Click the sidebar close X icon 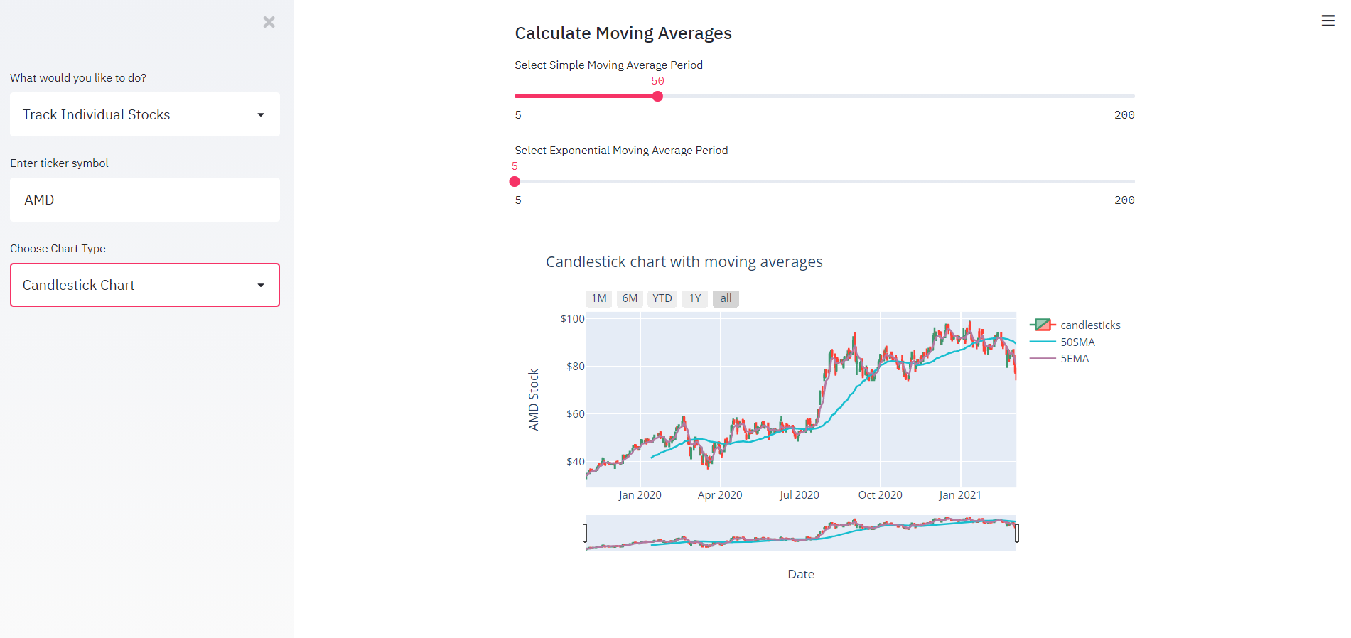pyautogui.click(x=269, y=22)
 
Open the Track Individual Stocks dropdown pyautogui.click(x=144, y=114)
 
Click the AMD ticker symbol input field pyautogui.click(x=144, y=200)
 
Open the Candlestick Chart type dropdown pyautogui.click(x=144, y=285)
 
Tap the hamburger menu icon pyautogui.click(x=1328, y=21)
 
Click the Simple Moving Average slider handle pyautogui.click(x=657, y=97)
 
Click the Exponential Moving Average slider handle pyautogui.click(x=515, y=182)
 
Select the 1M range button pyautogui.click(x=598, y=298)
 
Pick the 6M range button pyautogui.click(x=630, y=298)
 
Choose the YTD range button pyautogui.click(x=662, y=298)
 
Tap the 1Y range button pyautogui.click(x=694, y=298)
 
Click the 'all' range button pyautogui.click(x=726, y=298)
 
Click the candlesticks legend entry pyautogui.click(x=1089, y=325)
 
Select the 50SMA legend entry pyautogui.click(x=1077, y=342)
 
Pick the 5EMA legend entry pyautogui.click(x=1075, y=359)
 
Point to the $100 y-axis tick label pyautogui.click(x=572, y=319)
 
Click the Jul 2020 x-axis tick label pyautogui.click(x=799, y=495)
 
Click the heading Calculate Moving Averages pyautogui.click(x=623, y=33)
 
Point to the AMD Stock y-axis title pyautogui.click(x=534, y=399)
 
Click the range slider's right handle pyautogui.click(x=1016, y=533)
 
